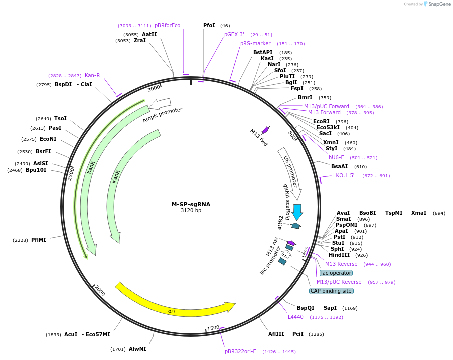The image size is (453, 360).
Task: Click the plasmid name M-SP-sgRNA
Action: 191,204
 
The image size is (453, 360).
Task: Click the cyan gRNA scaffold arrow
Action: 297,212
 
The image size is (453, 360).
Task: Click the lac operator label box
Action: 336,273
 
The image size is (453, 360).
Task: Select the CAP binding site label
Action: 331,291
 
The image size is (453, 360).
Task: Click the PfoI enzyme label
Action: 209,25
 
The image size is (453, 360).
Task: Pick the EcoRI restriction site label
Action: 321,121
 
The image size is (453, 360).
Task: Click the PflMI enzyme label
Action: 39,240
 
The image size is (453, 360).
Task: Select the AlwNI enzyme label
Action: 137,349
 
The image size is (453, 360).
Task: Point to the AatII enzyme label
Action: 149,34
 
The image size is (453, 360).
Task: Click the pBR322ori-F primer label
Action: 240,351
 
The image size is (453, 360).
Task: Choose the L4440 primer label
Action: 295,317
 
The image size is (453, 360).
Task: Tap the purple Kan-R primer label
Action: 92,75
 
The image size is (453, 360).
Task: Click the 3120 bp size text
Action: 191,211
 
